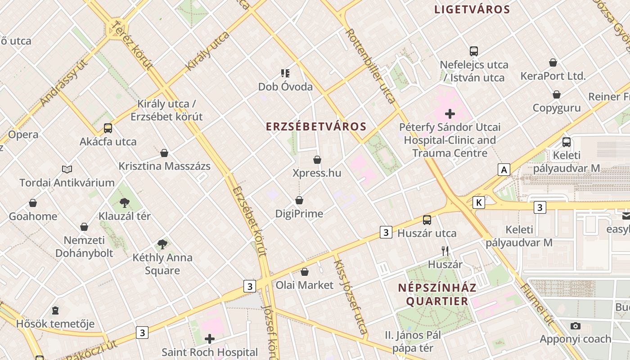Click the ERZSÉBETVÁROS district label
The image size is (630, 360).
click(x=316, y=126)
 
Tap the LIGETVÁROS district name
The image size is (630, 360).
click(x=472, y=9)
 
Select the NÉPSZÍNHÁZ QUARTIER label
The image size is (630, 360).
click(x=437, y=294)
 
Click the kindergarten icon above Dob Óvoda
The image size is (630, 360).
click(x=285, y=73)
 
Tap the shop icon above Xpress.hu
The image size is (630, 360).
click(x=317, y=160)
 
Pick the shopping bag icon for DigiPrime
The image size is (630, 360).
click(x=299, y=200)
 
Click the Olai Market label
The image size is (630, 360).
click(x=305, y=285)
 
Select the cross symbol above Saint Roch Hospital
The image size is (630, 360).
click(x=210, y=338)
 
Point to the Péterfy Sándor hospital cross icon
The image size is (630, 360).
click(x=450, y=114)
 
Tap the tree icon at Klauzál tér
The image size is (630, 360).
click(x=125, y=203)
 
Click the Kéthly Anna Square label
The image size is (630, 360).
click(x=162, y=264)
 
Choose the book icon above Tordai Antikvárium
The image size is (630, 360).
click(x=67, y=169)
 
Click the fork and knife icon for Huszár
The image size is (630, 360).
click(x=445, y=251)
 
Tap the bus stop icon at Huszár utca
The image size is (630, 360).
click(x=427, y=220)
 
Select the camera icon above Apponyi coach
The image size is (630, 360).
click(x=575, y=326)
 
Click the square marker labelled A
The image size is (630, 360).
click(x=504, y=170)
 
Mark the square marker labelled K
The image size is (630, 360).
click(x=479, y=202)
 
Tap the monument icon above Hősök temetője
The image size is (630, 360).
click(x=55, y=310)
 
